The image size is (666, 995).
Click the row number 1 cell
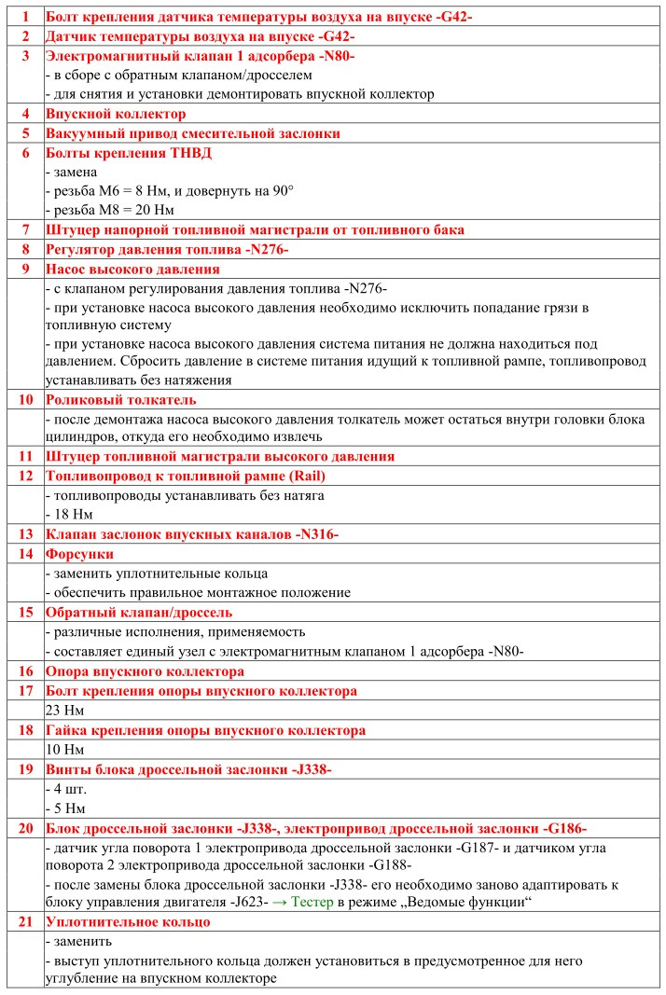coord(25,17)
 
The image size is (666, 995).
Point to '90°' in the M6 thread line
coord(282,191)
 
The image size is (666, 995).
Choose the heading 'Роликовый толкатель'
coord(120,399)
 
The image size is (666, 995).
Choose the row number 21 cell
coord(25,921)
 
